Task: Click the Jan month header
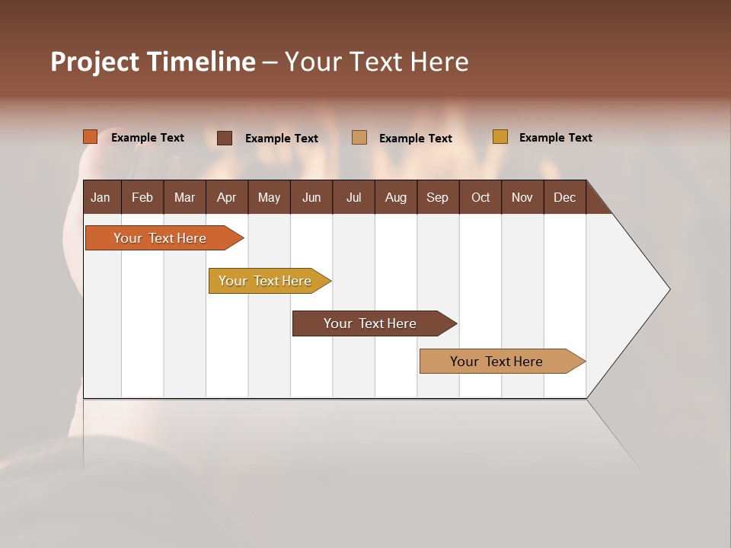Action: coord(101,197)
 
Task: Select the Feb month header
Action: coord(142,197)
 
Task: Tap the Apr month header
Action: coord(226,197)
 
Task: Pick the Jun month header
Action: coord(311,197)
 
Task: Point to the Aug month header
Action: coord(395,197)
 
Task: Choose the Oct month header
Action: coord(480,197)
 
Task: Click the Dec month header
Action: coord(564,197)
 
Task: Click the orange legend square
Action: coord(91,137)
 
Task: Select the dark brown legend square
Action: coord(225,138)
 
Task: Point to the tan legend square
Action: coord(359,138)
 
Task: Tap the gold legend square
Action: coord(500,137)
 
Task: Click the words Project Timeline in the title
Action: coord(153,62)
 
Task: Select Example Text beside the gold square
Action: coord(555,138)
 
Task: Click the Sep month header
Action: coord(437,197)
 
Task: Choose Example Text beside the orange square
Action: coord(148,138)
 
